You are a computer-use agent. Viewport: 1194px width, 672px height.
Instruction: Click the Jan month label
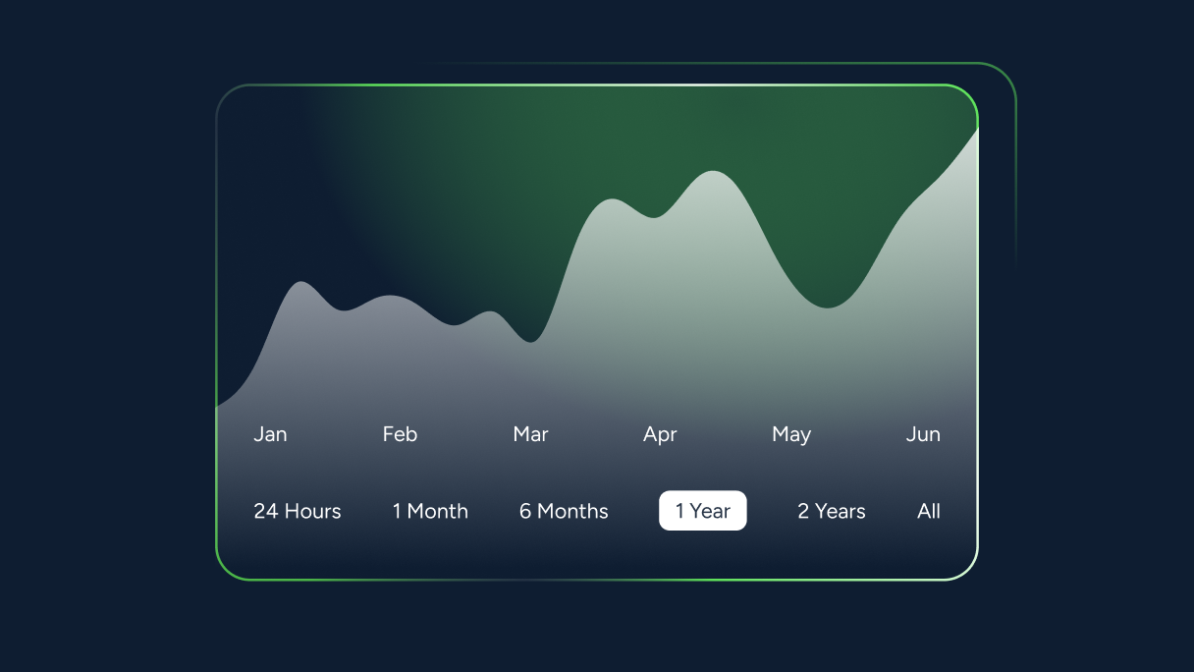[x=270, y=434]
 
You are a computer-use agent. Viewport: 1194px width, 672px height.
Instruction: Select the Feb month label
[x=400, y=434]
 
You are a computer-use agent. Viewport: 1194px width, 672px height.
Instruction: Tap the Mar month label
[x=530, y=434]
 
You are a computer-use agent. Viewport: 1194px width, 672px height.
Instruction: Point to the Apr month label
[x=660, y=435]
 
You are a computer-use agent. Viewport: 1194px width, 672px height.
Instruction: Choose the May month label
[x=791, y=435]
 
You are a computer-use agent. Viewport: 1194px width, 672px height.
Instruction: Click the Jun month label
[x=923, y=434]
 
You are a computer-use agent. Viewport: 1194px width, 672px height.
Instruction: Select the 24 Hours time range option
[x=298, y=511]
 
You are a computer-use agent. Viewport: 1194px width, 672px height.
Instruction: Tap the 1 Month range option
[x=430, y=511]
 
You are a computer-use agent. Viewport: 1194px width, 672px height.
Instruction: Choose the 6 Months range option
[x=564, y=511]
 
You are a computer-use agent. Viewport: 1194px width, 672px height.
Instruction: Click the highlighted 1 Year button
[x=702, y=511]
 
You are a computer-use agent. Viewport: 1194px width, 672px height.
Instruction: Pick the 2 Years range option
[x=832, y=511]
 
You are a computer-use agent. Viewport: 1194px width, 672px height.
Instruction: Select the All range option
[x=929, y=511]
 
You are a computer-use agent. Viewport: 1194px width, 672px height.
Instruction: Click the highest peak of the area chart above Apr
[x=713, y=171]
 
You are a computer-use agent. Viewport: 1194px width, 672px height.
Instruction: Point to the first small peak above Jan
[x=301, y=282]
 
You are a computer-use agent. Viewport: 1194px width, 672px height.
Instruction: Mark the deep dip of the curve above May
[x=827, y=308]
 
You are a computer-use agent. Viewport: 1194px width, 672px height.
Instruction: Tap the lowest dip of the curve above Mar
[x=531, y=342]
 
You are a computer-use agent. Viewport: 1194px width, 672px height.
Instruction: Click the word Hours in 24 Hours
[x=313, y=511]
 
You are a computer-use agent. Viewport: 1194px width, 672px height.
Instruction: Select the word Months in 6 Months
[x=572, y=511]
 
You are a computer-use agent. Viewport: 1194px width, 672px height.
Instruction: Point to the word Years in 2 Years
[x=841, y=511]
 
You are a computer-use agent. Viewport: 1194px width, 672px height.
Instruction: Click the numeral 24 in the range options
[x=266, y=511]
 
